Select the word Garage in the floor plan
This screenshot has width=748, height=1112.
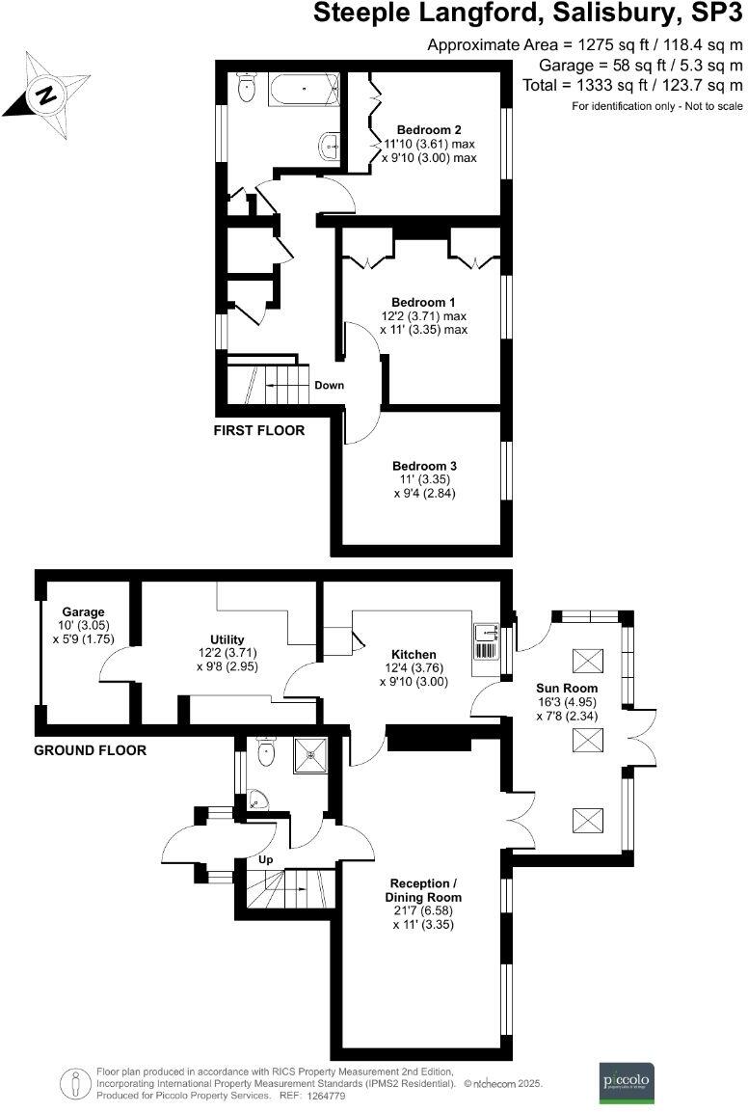coord(83,612)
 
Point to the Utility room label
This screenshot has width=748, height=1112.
coord(227,639)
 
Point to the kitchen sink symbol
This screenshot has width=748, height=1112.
coord(487,634)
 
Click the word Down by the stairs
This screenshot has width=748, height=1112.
coord(329,386)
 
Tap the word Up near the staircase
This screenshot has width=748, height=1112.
coord(265,858)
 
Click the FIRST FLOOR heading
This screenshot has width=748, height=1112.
coord(258,431)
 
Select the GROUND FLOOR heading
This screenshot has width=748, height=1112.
coord(90,749)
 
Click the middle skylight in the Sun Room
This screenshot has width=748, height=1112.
coord(586,741)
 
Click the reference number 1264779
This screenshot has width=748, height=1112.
coord(332,1097)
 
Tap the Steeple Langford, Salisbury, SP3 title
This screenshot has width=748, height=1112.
coord(529,15)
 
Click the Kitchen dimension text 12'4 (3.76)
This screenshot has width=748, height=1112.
coord(414,667)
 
